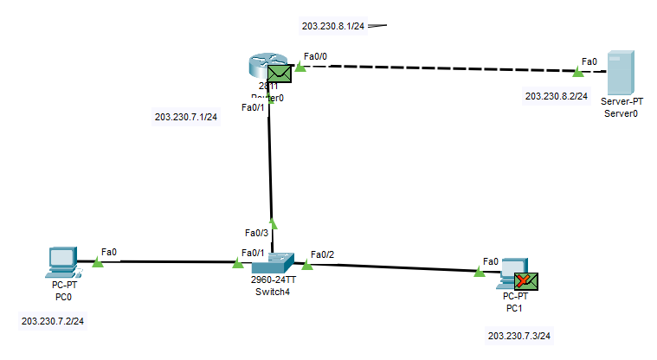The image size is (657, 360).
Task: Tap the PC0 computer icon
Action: point(62,261)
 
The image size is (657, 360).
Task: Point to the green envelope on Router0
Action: point(279,74)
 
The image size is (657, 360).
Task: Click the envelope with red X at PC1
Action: point(526,280)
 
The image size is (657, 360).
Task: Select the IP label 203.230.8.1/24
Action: point(333,26)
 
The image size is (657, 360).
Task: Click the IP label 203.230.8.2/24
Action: point(557,96)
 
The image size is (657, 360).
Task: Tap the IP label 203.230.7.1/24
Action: point(186,117)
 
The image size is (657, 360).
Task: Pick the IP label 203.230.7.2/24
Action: point(58,320)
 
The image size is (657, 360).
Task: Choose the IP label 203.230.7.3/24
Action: point(519,336)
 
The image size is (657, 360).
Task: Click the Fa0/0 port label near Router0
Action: point(315,55)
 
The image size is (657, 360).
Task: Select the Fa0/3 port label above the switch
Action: point(257,233)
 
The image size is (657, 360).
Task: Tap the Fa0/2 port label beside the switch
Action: point(322,254)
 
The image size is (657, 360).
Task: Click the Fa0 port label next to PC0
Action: point(108,252)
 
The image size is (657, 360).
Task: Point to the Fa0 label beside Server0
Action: point(589,61)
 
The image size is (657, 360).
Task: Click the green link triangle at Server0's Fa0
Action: point(577,73)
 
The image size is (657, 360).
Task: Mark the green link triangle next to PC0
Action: point(97,261)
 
